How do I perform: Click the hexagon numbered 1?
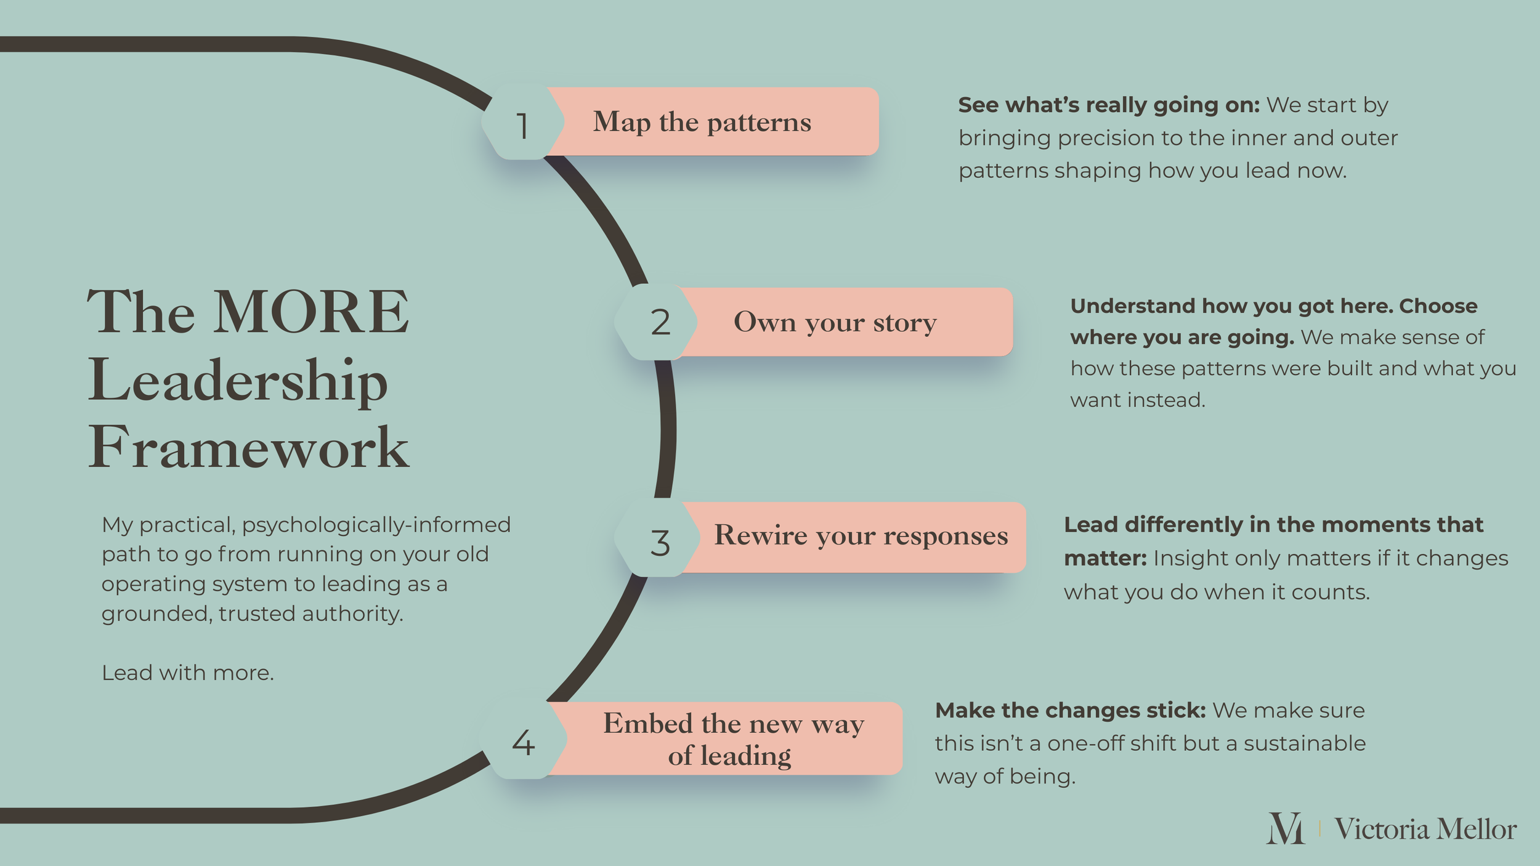pos(522,124)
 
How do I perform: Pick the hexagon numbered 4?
pos(523,742)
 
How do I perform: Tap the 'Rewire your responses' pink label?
pos(860,536)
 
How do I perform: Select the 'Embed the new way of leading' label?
pos(733,739)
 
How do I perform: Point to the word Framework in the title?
pos(248,448)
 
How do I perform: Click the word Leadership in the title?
pos(238,381)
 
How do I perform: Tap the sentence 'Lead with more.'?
pos(188,673)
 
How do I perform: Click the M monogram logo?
pos(1285,828)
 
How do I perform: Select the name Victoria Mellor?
pos(1425,829)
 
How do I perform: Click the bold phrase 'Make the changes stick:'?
pos(1070,711)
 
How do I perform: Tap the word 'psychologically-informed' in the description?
pos(376,525)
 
